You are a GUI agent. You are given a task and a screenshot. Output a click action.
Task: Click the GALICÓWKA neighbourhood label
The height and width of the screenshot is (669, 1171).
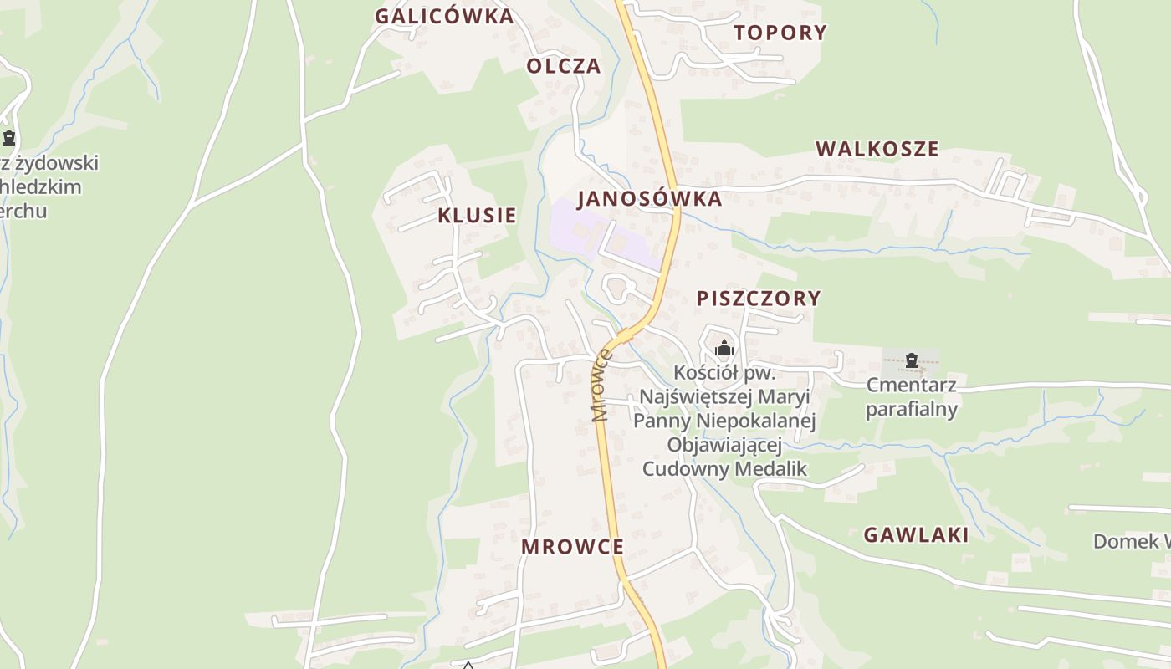[443, 16]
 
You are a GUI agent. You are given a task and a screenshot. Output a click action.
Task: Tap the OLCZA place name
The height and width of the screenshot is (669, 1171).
[564, 66]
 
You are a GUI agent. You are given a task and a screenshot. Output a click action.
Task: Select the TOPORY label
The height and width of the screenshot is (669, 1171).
[780, 33]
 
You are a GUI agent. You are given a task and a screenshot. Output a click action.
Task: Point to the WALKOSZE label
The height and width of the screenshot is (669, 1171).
[877, 149]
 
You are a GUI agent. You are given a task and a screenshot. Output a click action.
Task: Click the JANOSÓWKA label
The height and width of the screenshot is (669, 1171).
[649, 198]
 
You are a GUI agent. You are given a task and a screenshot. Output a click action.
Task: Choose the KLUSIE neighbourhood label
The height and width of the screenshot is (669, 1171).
[477, 215]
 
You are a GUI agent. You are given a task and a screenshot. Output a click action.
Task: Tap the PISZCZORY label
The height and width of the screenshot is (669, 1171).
[759, 298]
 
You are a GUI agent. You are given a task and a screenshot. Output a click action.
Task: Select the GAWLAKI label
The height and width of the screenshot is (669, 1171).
[916, 535]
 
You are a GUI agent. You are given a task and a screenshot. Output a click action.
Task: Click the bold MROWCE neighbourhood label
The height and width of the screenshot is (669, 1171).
[572, 547]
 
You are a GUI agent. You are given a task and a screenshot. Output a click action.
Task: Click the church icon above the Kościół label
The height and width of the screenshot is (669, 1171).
[724, 347]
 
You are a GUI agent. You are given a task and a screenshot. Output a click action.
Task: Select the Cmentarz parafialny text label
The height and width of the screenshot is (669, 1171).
[911, 397]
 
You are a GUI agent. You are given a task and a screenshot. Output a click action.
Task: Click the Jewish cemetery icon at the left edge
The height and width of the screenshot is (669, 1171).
[9, 138]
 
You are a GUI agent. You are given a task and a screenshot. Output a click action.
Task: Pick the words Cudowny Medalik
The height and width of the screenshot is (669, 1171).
[724, 468]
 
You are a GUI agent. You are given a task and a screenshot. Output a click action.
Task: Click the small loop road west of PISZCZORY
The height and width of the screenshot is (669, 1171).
[617, 289]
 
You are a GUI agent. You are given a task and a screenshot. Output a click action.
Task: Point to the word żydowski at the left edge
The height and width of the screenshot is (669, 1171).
[55, 162]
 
